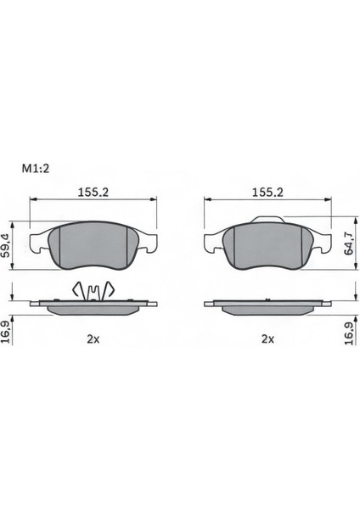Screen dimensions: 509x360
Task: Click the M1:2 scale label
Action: [35, 169]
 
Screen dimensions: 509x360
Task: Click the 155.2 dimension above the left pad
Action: [93, 193]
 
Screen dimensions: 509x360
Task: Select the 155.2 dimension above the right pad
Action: [267, 193]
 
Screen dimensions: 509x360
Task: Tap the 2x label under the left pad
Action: [93, 338]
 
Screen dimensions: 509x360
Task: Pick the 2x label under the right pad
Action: [267, 338]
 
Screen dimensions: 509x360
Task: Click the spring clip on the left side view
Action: [93, 291]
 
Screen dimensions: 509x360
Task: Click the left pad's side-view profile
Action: [93, 305]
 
